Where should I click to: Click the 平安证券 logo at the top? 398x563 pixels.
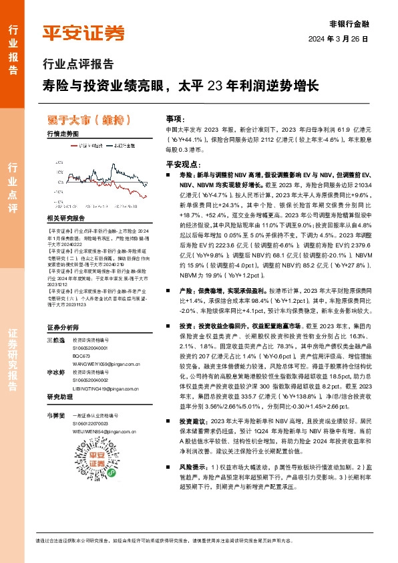83,33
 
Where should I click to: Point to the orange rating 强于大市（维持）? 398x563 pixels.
84,120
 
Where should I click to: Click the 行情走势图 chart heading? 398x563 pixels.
63,134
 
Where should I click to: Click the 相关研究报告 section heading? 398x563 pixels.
66,219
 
